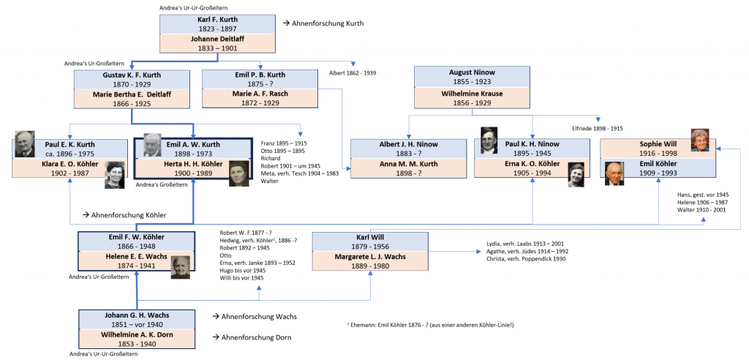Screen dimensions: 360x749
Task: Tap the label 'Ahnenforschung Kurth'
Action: click(327, 23)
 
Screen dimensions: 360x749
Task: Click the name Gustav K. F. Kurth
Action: click(132, 75)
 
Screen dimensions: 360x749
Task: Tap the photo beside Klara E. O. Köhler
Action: click(115, 175)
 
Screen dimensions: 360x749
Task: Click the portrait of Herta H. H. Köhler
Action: click(238, 173)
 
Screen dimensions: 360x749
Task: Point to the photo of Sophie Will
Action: click(700, 140)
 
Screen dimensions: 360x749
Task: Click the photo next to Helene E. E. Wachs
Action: click(181, 267)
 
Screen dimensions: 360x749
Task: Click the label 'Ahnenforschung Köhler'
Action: click(128, 215)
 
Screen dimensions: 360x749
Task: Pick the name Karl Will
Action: click(369, 237)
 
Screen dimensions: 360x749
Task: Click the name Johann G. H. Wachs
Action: click(137, 315)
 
